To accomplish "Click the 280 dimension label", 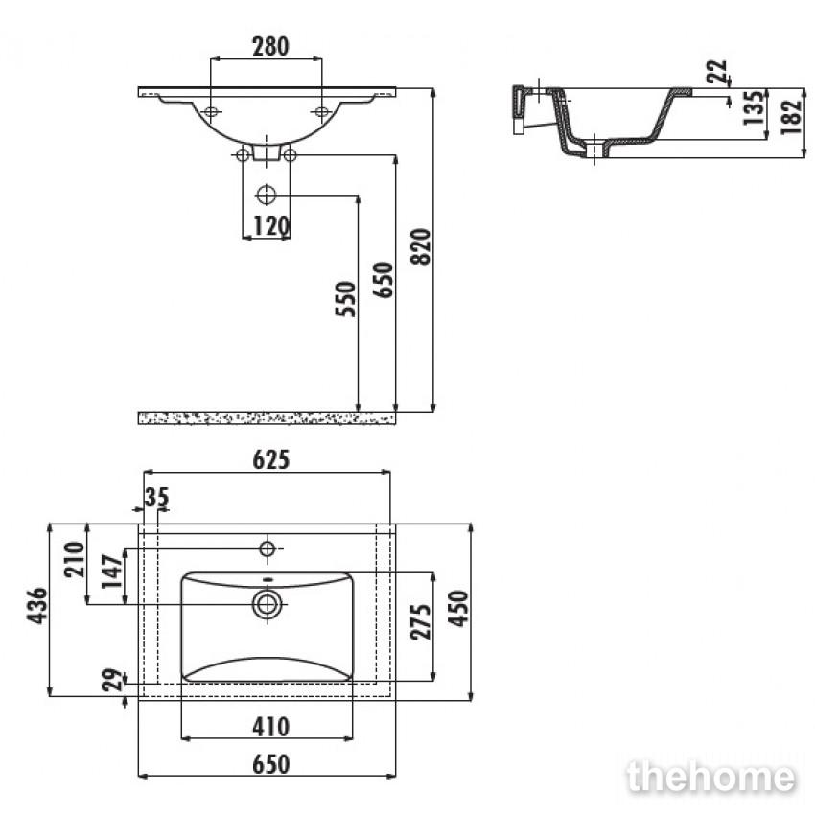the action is click(x=270, y=46).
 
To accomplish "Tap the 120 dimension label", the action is click(x=270, y=226).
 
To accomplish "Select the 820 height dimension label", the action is click(x=421, y=246).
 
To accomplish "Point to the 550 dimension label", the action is click(x=345, y=299).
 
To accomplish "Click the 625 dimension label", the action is click(x=270, y=459).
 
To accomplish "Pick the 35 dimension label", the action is click(x=156, y=498).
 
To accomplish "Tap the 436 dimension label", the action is click(x=36, y=606).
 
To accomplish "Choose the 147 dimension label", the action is click(x=112, y=571).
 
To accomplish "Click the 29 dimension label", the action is click(x=112, y=680).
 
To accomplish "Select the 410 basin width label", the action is click(x=270, y=727).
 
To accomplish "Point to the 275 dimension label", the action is click(x=421, y=622).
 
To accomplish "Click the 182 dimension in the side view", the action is click(x=792, y=118).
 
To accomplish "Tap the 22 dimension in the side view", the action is click(x=717, y=72).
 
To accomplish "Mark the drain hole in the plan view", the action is click(x=268, y=604).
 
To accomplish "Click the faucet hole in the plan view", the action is click(x=268, y=548).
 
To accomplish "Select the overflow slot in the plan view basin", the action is click(x=268, y=579).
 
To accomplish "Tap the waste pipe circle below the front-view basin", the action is click(x=267, y=196).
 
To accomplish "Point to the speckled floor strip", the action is click(x=267, y=418).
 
